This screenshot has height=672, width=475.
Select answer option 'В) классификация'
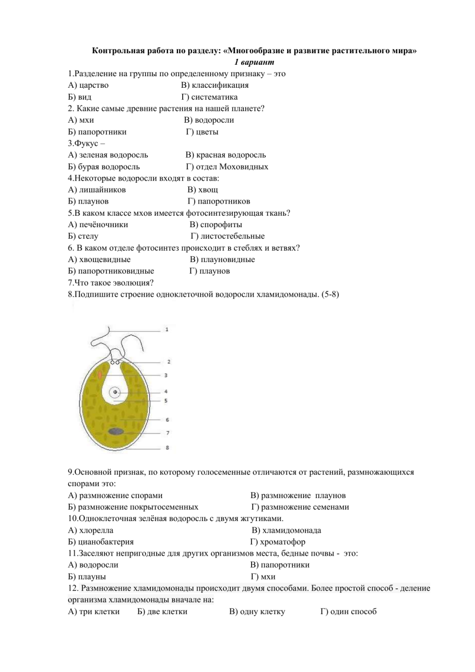pos(215,85)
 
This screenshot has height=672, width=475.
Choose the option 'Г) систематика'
pos(210,97)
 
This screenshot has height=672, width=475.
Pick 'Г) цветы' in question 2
pos(203,132)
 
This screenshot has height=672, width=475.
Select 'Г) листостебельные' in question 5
pos(227,237)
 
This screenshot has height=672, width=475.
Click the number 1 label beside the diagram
pos(167,330)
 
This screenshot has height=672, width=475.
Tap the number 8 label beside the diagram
pos(167,447)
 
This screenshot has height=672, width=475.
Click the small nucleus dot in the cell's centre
pos(115,392)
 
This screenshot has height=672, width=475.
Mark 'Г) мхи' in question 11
pos(263,577)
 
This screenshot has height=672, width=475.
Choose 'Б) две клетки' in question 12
pos(162,612)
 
